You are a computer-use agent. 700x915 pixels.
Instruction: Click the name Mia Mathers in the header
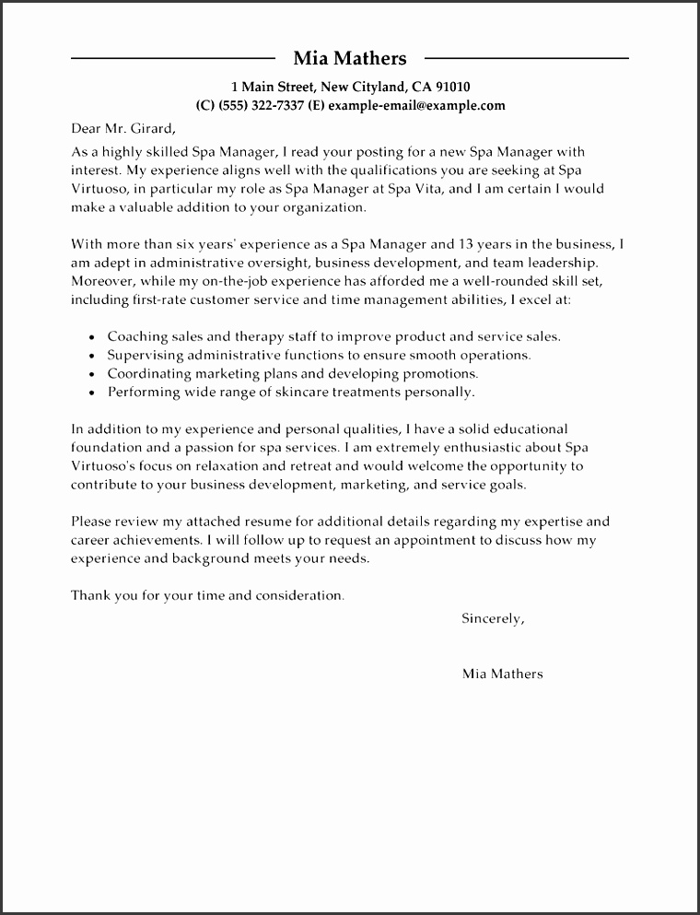point(349,59)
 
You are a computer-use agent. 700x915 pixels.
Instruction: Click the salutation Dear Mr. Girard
point(122,128)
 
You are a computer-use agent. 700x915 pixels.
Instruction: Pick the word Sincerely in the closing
point(492,619)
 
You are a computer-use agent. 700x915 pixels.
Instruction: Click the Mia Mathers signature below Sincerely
point(502,674)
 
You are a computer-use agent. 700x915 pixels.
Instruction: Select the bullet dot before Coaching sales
point(92,338)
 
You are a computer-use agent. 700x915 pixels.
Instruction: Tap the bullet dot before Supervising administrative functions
point(92,357)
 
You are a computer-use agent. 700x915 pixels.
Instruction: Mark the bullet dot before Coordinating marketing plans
point(92,375)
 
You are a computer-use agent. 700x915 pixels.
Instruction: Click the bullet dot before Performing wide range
point(92,393)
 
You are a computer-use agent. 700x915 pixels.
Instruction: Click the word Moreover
point(100,281)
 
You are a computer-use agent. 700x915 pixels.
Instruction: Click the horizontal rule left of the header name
point(170,59)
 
